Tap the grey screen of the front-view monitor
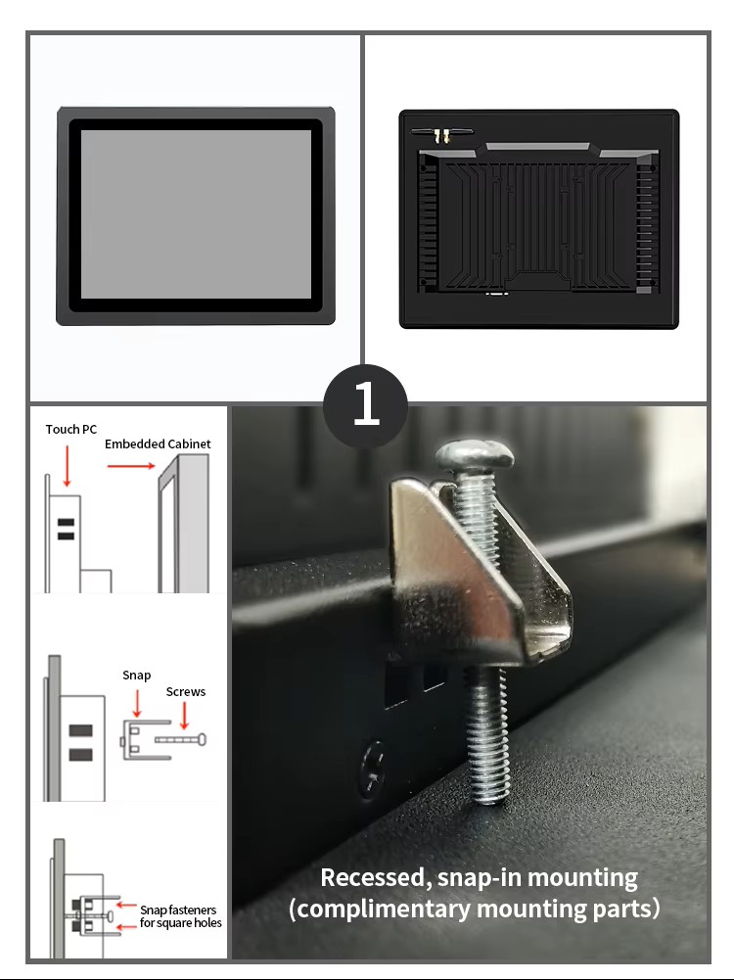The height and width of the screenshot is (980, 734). [196, 213]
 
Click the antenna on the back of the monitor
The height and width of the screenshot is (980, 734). [441, 134]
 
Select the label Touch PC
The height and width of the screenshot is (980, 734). [71, 430]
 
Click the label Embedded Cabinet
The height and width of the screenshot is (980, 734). [158, 443]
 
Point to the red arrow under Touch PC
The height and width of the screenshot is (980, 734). [67, 466]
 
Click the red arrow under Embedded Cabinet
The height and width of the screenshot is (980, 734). [130, 466]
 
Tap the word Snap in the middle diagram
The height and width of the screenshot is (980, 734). [136, 676]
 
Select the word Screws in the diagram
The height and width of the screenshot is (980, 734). [186, 692]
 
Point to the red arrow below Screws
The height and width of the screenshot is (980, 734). [184, 716]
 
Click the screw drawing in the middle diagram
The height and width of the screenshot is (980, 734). [180, 740]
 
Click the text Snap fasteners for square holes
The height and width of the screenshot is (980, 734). [180, 916]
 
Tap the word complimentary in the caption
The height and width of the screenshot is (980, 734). [381, 909]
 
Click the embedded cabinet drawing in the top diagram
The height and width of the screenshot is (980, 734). [183, 523]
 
